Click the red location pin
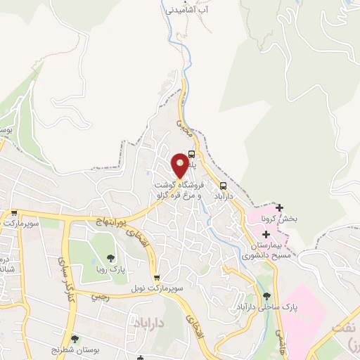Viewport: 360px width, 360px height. click(181, 165)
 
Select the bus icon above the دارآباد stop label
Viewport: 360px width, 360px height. click(224, 186)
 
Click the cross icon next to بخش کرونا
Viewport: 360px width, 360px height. click(280, 207)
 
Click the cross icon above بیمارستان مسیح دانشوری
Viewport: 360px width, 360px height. click(266, 233)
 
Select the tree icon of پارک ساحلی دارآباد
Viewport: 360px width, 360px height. click(266, 297)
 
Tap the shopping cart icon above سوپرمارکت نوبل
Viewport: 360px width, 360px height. click(157, 278)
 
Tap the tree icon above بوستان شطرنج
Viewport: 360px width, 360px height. click(75, 339)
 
